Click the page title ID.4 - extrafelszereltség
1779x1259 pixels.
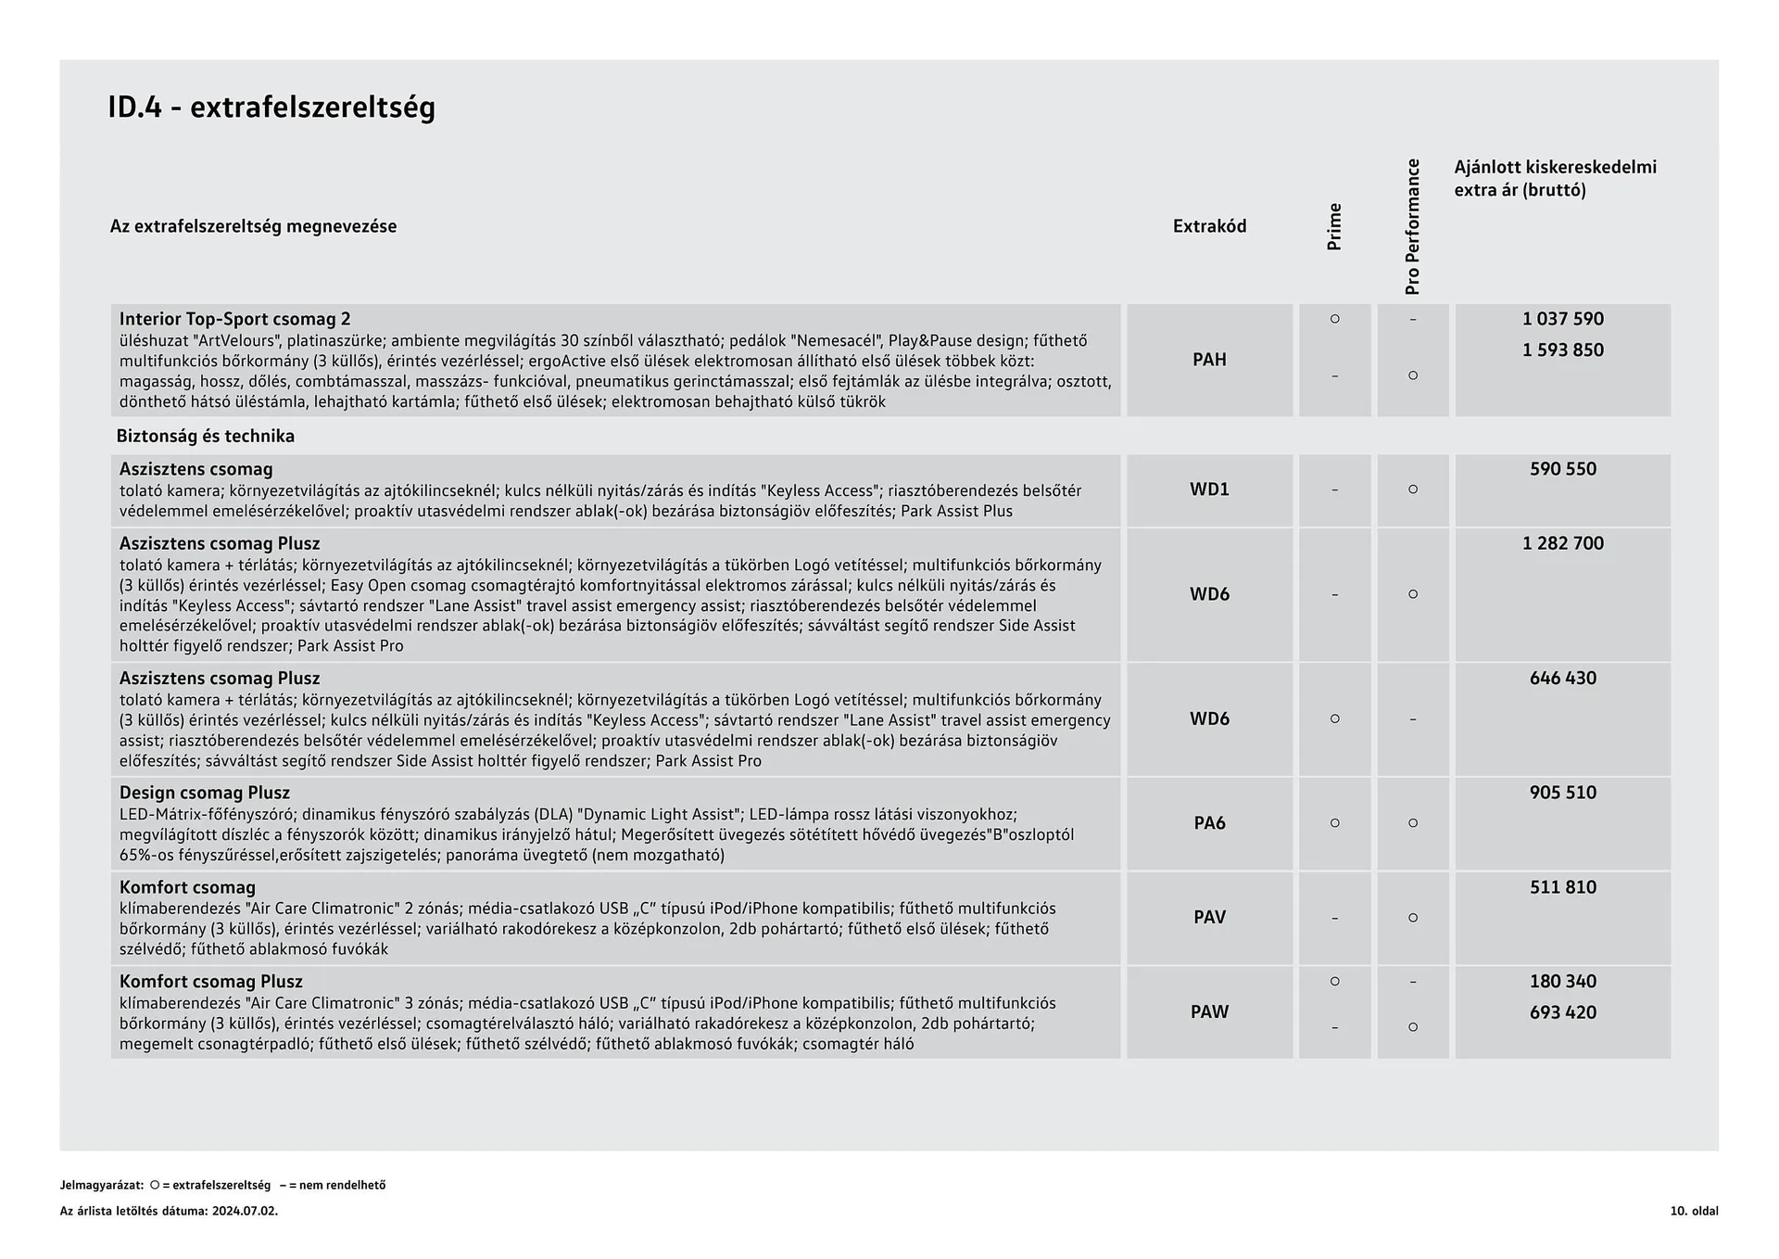pyautogui.click(x=271, y=108)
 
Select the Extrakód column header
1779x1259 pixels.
pyautogui.click(x=1209, y=226)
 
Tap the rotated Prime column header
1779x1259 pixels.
pyautogui.click(x=1334, y=227)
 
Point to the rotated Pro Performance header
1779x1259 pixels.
pyautogui.click(x=1412, y=227)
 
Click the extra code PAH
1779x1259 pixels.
pyautogui.click(x=1209, y=360)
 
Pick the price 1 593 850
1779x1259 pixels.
pyautogui.click(x=1562, y=350)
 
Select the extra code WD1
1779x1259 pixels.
pyautogui.click(x=1209, y=490)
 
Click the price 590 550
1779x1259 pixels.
pyautogui.click(x=1562, y=469)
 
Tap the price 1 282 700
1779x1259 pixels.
pyautogui.click(x=1562, y=543)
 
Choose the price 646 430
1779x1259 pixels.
pyautogui.click(x=1562, y=678)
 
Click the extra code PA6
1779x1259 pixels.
pyautogui.click(x=1209, y=823)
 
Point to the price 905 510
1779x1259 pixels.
pyautogui.click(x=1562, y=793)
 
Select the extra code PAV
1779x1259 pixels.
pyautogui.click(x=1209, y=918)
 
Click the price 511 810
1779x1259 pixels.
pyautogui.click(x=1562, y=887)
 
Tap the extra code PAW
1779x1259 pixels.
pyautogui.click(x=1209, y=1012)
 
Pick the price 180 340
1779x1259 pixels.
pyautogui.click(x=1562, y=981)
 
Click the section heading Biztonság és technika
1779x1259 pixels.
pyautogui.click(x=205, y=436)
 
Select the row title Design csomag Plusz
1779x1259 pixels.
pyautogui.click(x=204, y=793)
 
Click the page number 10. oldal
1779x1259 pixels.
pyautogui.click(x=1694, y=1211)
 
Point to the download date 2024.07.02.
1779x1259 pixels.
pyautogui.click(x=245, y=1211)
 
